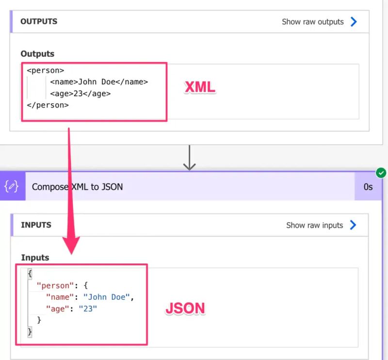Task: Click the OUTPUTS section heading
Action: point(39,21)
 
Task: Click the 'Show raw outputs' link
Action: point(312,22)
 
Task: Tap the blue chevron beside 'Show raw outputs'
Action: point(354,22)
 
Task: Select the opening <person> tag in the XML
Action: point(45,70)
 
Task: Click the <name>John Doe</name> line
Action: point(99,82)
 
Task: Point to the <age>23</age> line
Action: point(80,94)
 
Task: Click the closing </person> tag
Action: point(48,105)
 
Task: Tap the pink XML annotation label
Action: point(199,87)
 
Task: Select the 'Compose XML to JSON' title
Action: point(77,186)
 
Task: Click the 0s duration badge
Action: point(368,186)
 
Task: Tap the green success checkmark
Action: point(381,173)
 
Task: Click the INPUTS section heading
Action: point(36,225)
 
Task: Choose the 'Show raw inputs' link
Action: point(314,225)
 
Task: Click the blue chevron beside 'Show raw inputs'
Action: point(353,225)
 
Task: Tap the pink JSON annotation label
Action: point(185,308)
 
